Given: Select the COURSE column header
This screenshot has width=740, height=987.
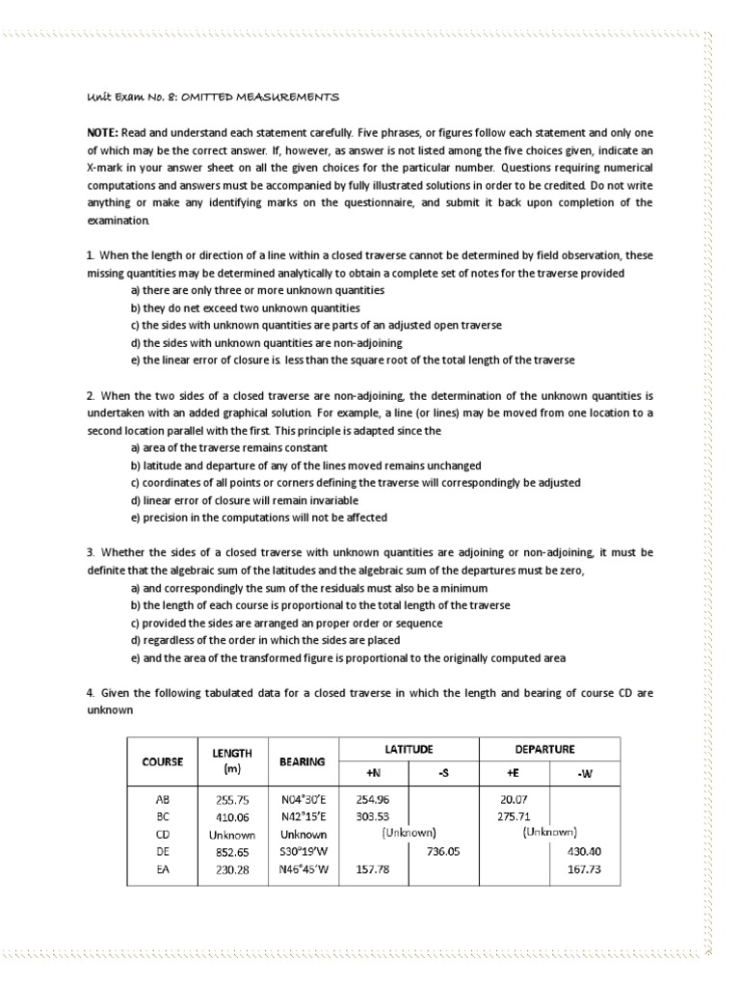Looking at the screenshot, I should [163, 760].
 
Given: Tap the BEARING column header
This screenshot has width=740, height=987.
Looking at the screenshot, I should [302, 760].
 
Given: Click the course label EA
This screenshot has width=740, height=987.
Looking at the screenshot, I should [162, 869].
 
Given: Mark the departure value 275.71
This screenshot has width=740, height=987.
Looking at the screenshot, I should [515, 817].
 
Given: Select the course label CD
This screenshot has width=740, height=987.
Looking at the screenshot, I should [162, 835].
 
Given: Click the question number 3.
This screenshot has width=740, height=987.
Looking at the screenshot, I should [89, 552].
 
